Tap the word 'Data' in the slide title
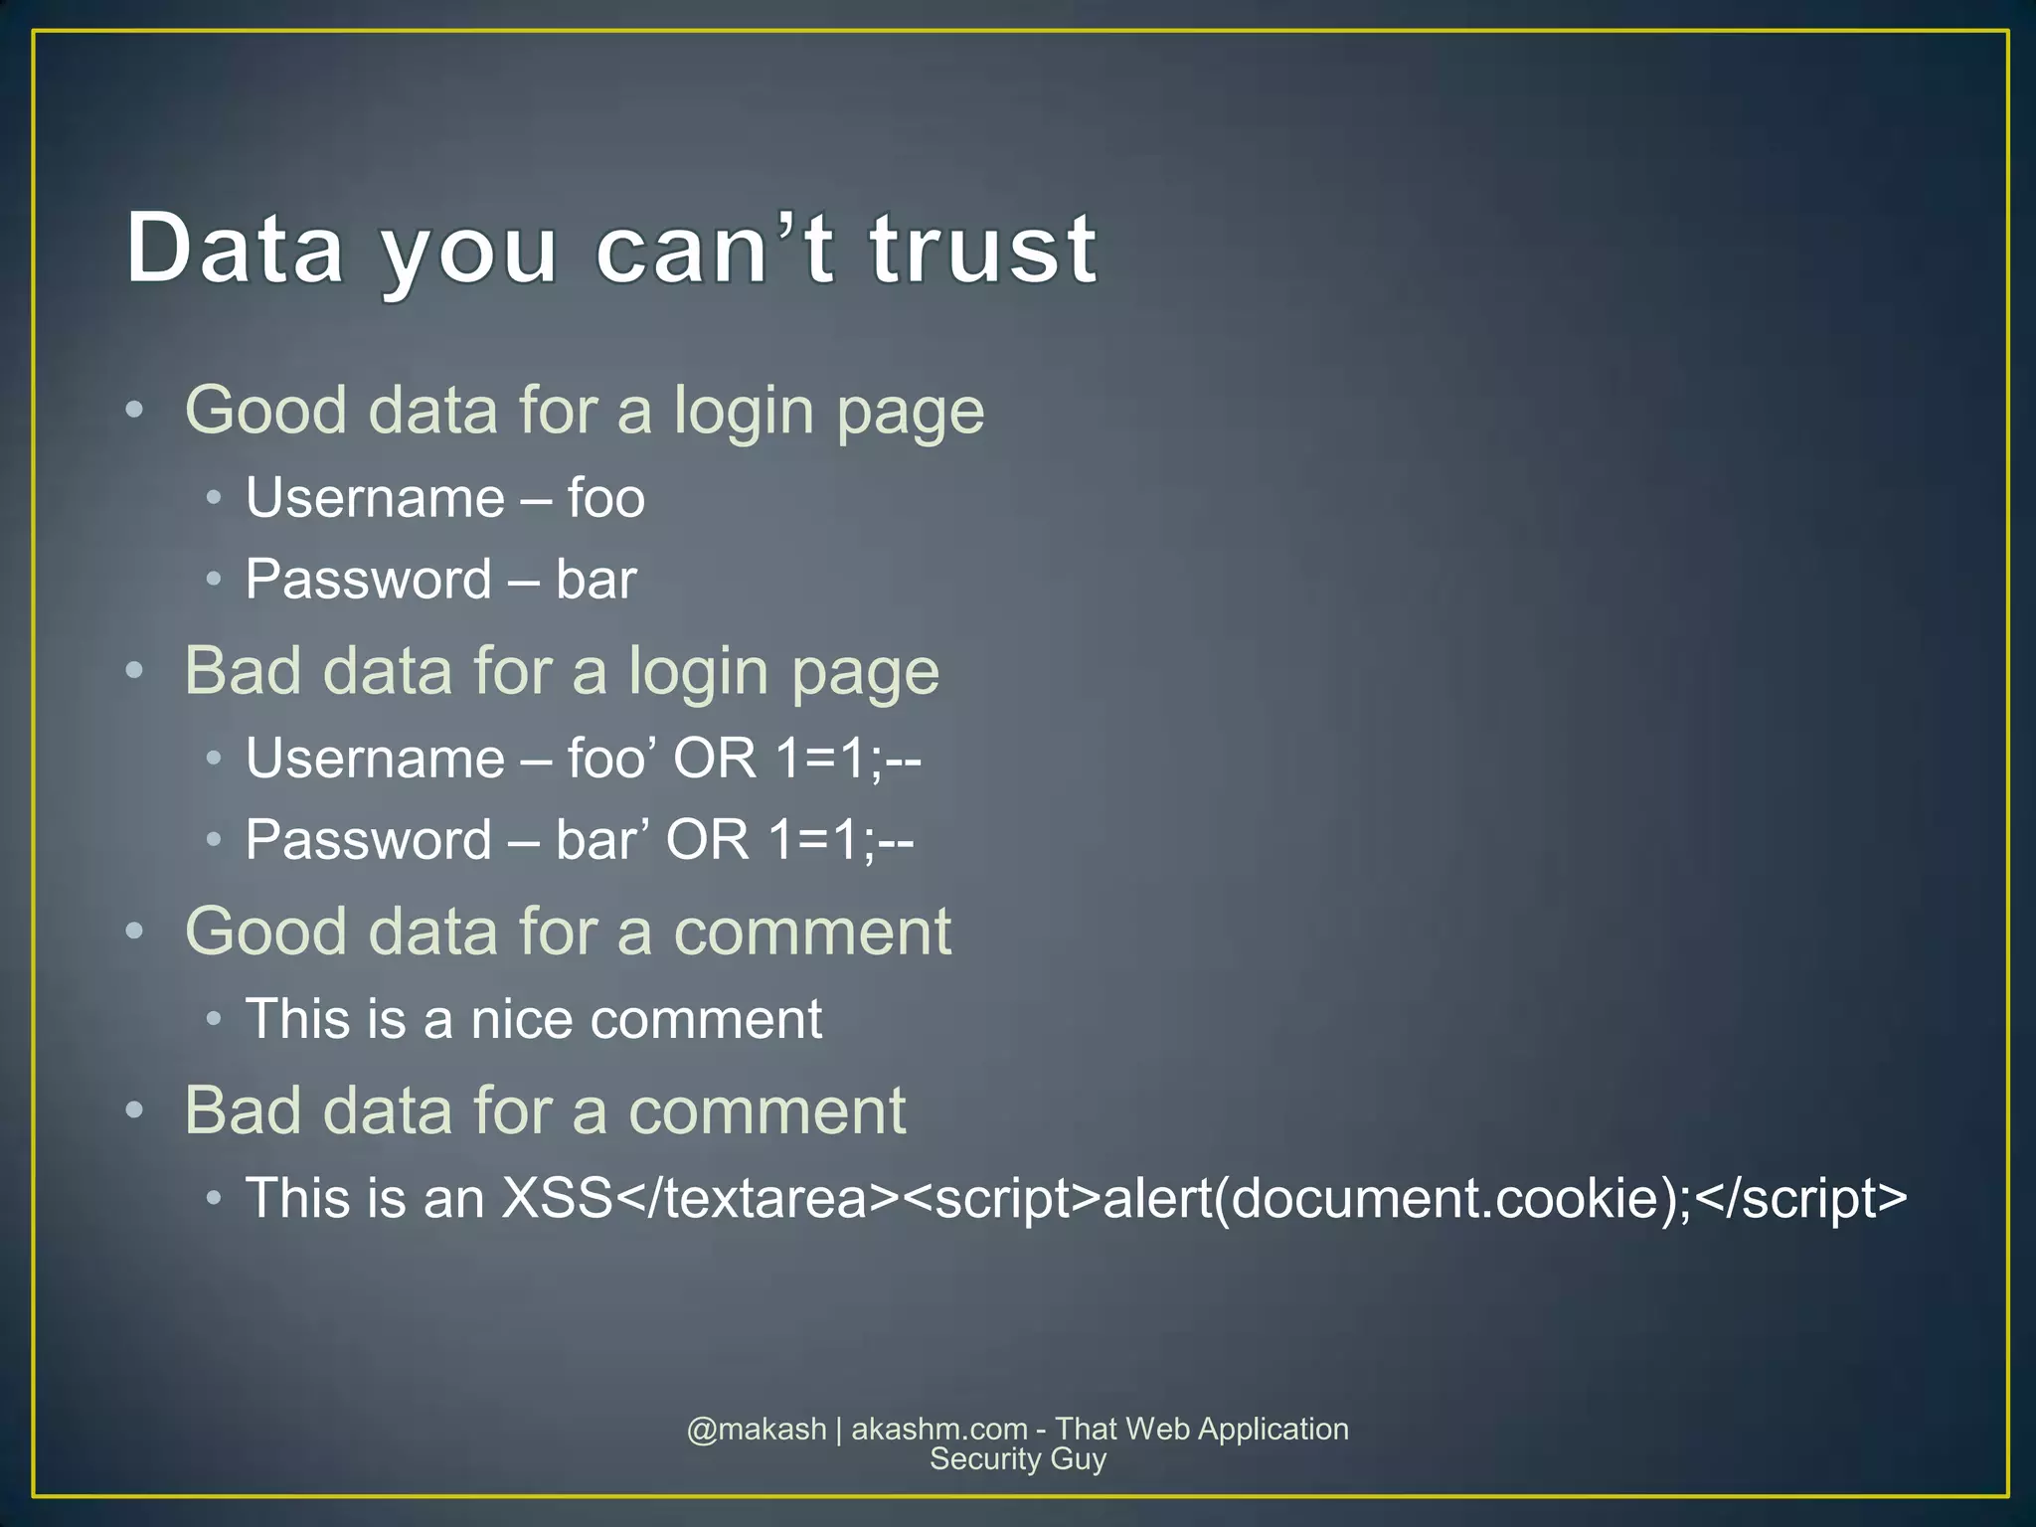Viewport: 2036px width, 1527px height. [235, 249]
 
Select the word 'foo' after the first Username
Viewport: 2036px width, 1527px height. [605, 498]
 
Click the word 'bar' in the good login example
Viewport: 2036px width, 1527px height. [595, 580]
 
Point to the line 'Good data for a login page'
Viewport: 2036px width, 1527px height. [585, 411]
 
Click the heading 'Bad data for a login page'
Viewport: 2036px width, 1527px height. [562, 671]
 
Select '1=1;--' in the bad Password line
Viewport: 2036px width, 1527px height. [841, 840]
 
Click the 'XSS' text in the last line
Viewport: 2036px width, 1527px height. [557, 1198]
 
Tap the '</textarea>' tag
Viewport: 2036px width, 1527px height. [759, 1198]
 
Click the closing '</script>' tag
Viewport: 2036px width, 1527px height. [1800, 1198]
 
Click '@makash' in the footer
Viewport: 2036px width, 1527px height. [757, 1430]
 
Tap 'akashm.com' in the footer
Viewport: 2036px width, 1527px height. [939, 1430]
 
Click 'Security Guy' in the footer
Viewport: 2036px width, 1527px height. [1017, 1459]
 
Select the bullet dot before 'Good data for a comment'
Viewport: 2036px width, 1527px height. [135, 932]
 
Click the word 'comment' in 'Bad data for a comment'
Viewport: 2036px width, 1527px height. [766, 1110]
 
